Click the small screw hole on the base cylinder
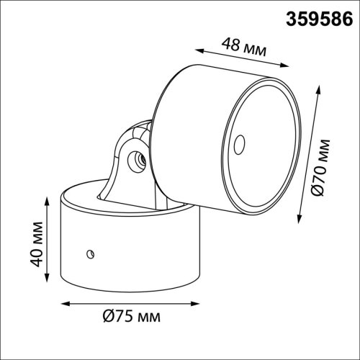click(89, 252)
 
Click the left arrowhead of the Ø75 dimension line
click(61, 303)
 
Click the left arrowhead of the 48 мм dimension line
click(199, 49)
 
